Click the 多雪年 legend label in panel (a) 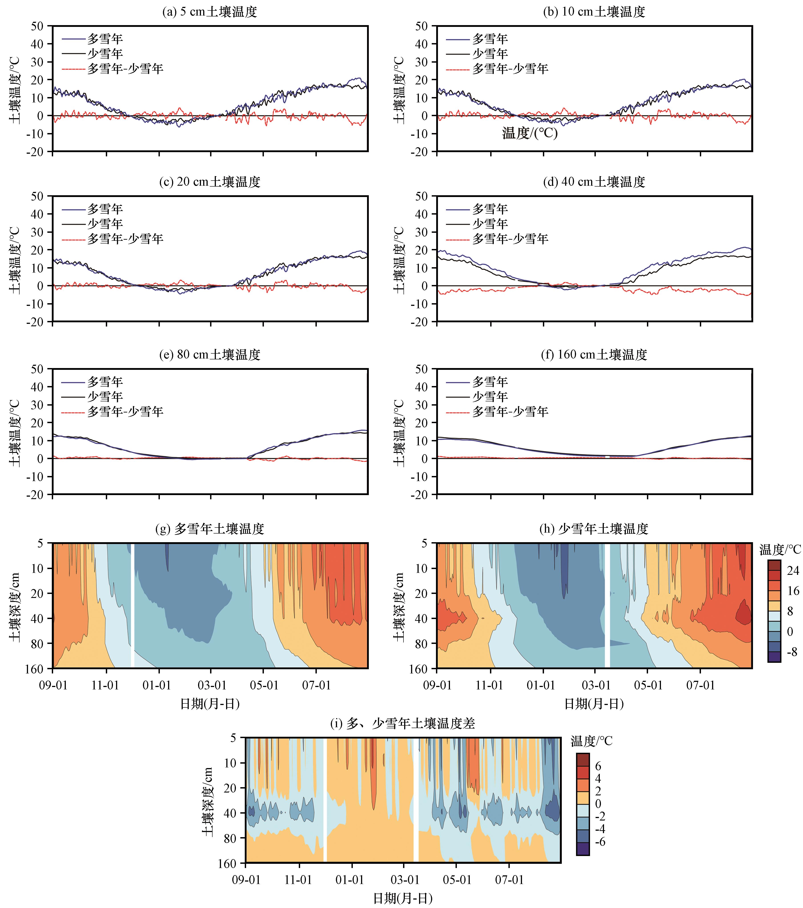[105, 39]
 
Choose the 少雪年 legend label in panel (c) [105, 224]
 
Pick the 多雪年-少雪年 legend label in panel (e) [125, 412]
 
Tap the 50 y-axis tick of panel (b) [422, 26]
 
